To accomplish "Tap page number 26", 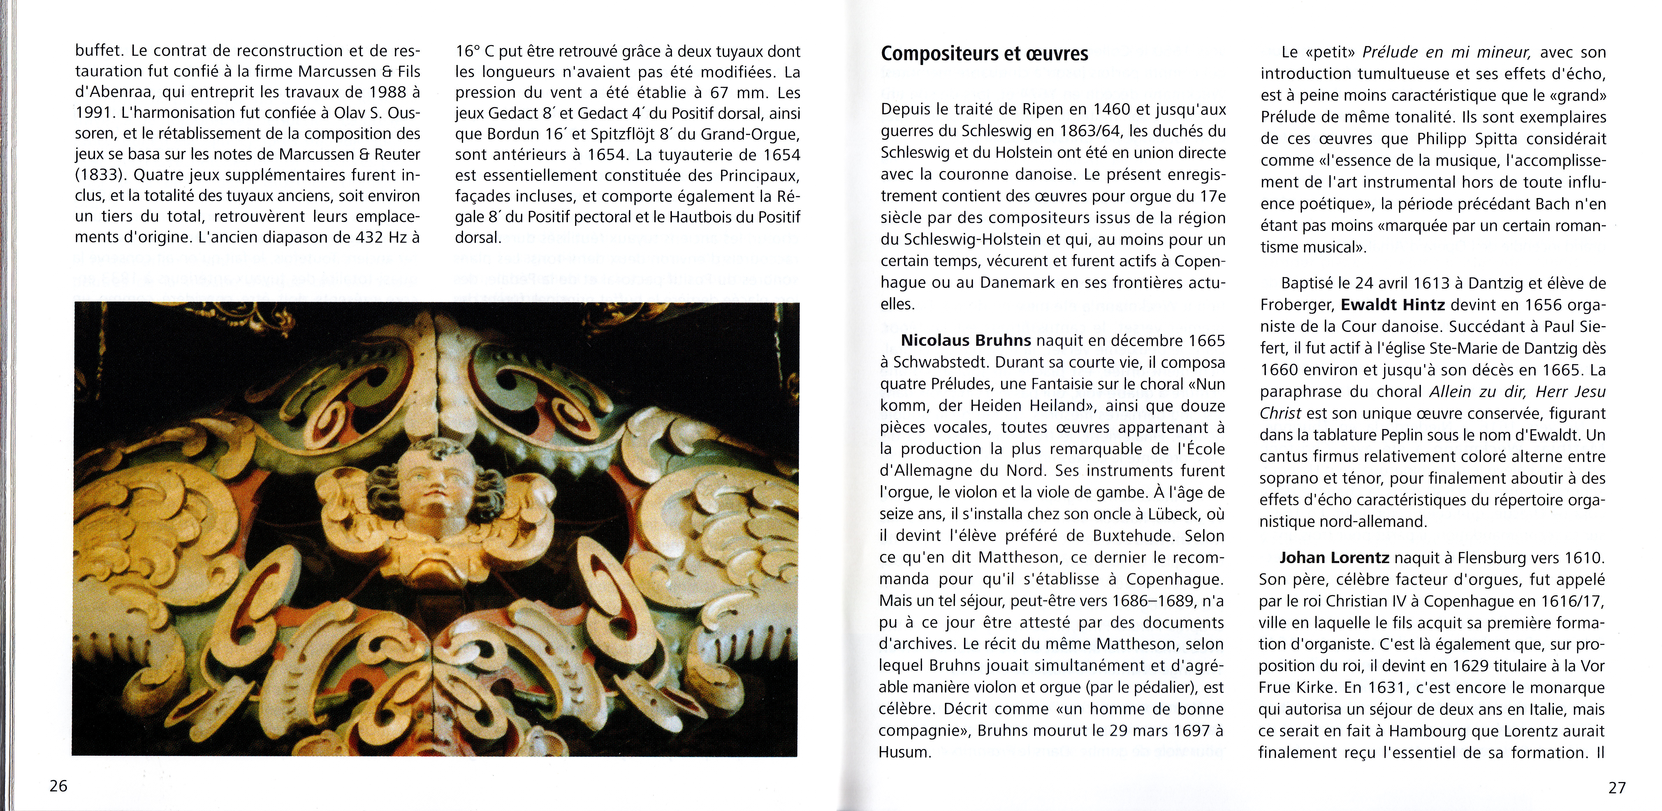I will pos(58,786).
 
